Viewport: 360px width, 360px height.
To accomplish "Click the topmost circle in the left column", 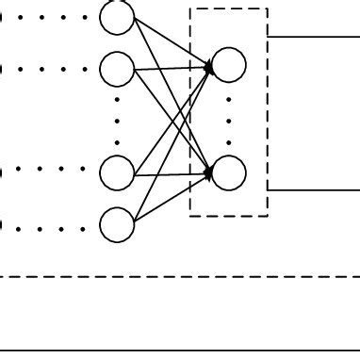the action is pos(117,17).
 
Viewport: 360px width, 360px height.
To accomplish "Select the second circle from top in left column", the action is pos(117,68).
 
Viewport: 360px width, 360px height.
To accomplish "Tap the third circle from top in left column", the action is pos(117,172).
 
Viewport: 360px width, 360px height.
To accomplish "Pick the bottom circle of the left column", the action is pos(117,224).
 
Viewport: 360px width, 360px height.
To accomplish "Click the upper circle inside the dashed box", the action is pos(229,63).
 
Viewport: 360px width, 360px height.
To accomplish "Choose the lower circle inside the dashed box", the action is pos(229,172).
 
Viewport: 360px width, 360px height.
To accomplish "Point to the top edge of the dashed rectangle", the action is pos(229,9).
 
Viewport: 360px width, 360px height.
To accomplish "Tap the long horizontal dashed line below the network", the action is pos(179,276).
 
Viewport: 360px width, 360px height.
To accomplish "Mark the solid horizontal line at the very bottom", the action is pos(179,351).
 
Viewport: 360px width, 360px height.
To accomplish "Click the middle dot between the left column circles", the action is pos(117,120).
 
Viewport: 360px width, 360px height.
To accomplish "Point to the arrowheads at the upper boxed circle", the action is pos(208,66).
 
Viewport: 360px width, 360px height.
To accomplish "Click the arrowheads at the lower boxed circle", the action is pos(208,172).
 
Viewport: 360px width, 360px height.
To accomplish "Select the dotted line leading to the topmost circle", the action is pos(47,17).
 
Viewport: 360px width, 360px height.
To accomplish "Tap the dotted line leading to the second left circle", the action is pos(47,68).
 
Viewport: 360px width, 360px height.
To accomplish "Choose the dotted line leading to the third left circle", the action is pos(47,172).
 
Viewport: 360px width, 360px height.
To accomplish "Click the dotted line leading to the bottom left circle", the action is pos(47,224).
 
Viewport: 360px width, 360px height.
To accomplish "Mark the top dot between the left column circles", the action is pos(117,99).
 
